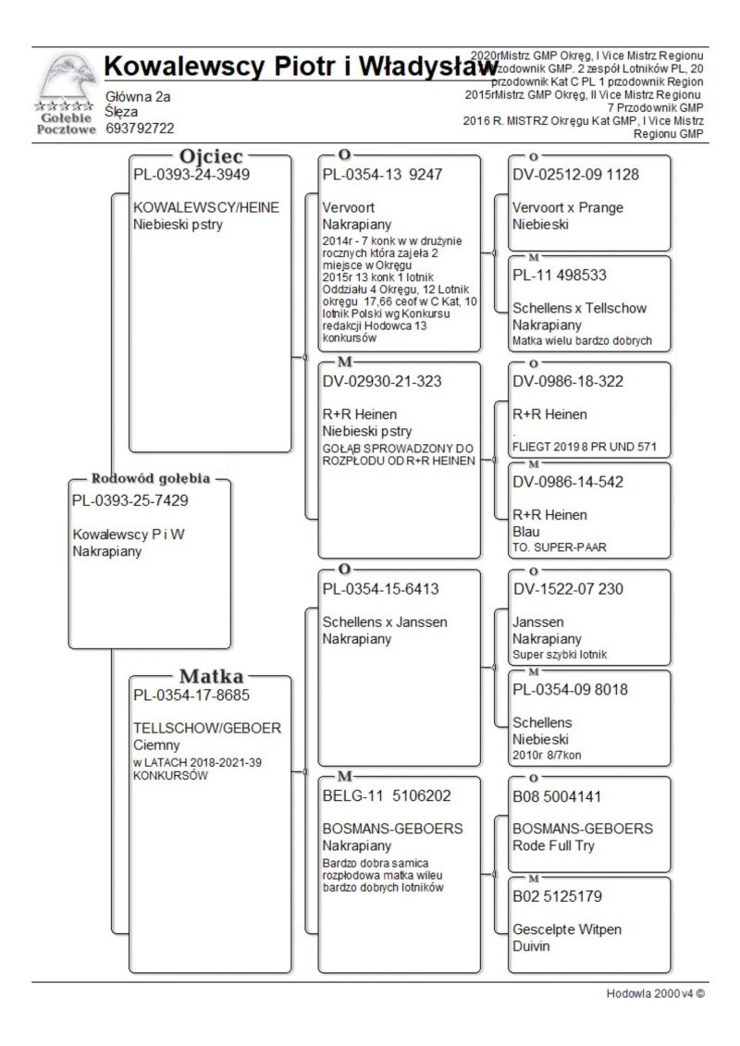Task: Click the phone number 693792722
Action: (x=141, y=129)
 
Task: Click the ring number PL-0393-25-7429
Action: (x=129, y=500)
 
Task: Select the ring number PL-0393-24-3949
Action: (x=191, y=174)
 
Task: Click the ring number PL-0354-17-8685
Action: (x=191, y=695)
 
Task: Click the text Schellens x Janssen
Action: (x=385, y=621)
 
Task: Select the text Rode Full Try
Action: (x=553, y=845)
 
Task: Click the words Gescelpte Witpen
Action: (x=567, y=929)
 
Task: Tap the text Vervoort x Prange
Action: (x=568, y=207)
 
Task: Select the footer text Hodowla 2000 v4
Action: (x=655, y=994)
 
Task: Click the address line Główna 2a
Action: (x=138, y=96)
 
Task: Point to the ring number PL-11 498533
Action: (x=560, y=275)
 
